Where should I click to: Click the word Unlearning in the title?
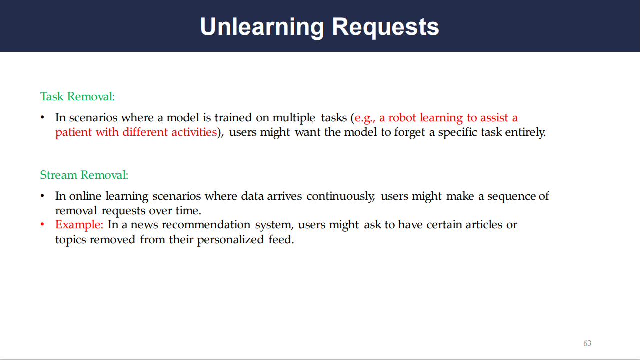click(262, 27)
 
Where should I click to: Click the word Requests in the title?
click(385, 27)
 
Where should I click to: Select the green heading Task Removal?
click(77, 96)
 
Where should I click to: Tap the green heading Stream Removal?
click(84, 175)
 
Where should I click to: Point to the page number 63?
click(587, 343)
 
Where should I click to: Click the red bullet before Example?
click(42, 224)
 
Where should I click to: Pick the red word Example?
click(79, 225)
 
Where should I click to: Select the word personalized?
click(230, 240)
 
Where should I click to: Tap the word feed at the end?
click(281, 239)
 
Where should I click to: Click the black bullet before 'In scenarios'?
click(42, 118)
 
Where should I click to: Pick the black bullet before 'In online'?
click(42, 196)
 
